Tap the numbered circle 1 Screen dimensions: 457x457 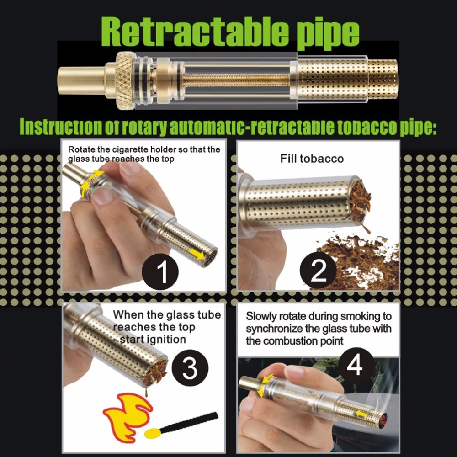(160, 271)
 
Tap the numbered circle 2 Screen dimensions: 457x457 (318, 271)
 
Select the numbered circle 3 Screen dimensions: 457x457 (190, 367)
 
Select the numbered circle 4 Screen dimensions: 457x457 (356, 366)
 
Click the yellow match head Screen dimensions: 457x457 (153, 433)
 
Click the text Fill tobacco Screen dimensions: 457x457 (312, 159)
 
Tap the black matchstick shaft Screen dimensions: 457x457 (190, 421)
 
